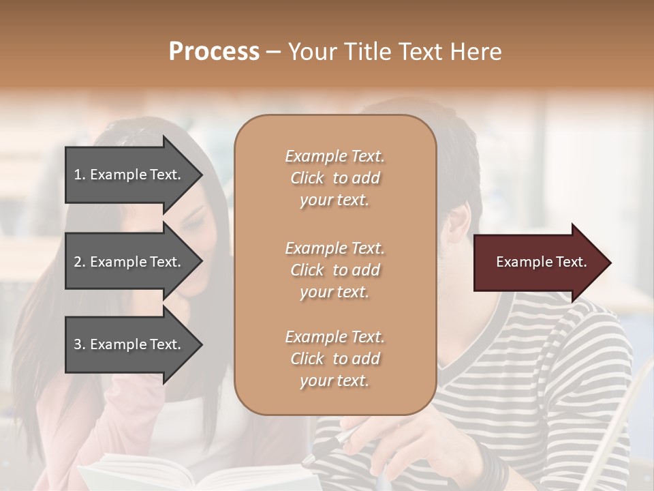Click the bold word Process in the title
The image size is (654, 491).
[x=214, y=52]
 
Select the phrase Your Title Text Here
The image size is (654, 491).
[x=394, y=52]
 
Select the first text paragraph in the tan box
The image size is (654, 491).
[x=334, y=178]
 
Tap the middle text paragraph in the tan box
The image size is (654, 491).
[x=334, y=270]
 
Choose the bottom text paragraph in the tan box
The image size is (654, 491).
[x=334, y=359]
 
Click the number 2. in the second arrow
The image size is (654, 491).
[x=80, y=262]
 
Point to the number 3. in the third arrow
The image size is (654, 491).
[x=80, y=344]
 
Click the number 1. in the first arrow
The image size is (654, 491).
[x=80, y=175]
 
